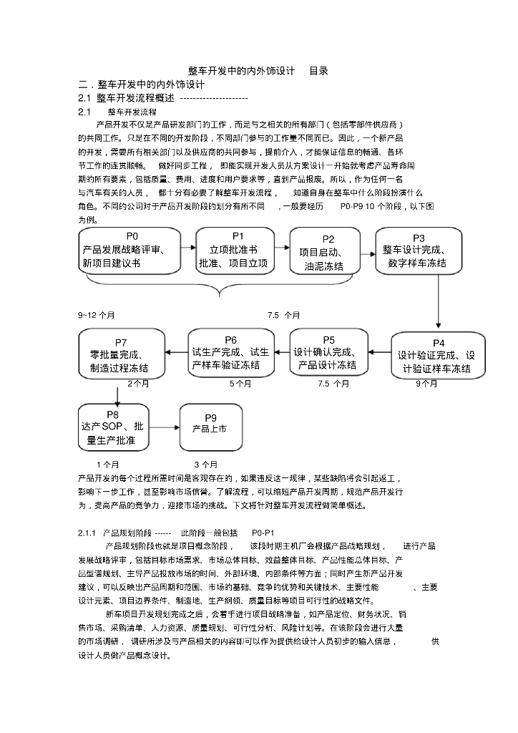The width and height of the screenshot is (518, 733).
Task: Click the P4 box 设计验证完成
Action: coord(438,355)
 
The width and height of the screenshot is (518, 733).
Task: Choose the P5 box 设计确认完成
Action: coord(328,352)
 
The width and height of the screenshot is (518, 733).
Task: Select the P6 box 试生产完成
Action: coord(230,352)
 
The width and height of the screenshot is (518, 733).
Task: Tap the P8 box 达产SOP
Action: coord(113,427)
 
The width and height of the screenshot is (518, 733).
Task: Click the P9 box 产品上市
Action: coord(210,427)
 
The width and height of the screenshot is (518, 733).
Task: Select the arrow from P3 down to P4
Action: coord(438,301)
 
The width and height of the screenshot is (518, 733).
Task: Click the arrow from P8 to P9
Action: coord(164,427)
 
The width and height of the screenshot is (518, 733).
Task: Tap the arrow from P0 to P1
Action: coord(189,246)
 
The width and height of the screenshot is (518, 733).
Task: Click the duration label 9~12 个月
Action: coord(96,314)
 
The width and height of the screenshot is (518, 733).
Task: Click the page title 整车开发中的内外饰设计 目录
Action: coord(258,71)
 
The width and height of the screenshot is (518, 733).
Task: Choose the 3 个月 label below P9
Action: coord(206,464)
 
